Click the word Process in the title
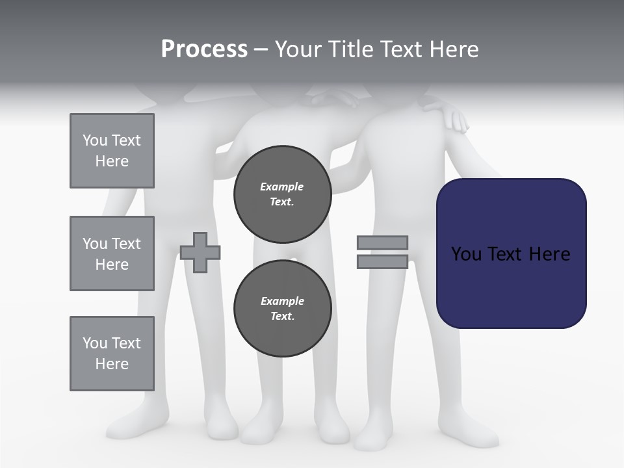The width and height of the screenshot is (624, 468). (204, 49)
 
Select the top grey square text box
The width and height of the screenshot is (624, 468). (112, 151)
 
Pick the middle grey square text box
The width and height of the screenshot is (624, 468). (112, 253)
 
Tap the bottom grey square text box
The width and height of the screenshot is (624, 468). (112, 354)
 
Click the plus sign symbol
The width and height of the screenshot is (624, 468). (200, 252)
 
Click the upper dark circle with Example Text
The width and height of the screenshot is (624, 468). (282, 194)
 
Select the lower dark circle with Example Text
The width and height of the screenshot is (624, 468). (282, 308)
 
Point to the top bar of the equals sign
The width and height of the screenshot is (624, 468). (382, 242)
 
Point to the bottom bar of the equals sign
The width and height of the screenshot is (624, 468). (382, 262)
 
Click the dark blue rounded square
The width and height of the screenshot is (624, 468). (511, 253)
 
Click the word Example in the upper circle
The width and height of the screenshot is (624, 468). (282, 187)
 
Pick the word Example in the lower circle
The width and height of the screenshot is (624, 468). (282, 301)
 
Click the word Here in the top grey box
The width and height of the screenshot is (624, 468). (112, 161)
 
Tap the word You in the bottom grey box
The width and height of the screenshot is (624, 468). (95, 343)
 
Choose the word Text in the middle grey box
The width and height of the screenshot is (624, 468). (125, 244)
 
